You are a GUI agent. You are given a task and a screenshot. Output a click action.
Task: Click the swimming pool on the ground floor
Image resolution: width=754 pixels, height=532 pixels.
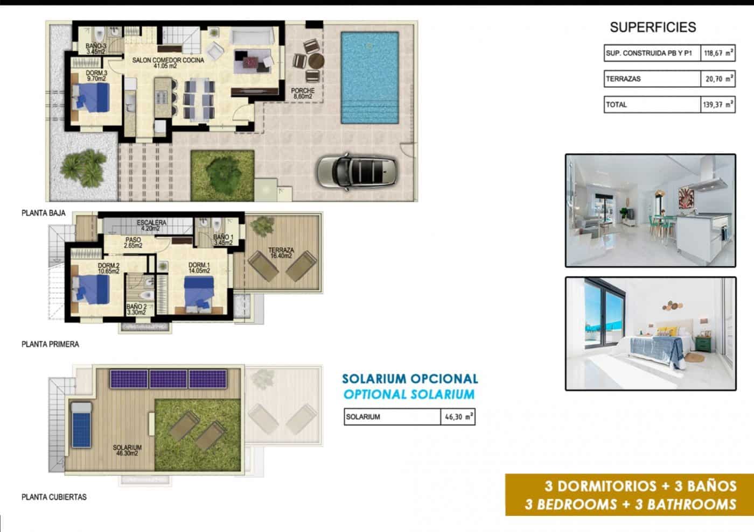coord(369,78)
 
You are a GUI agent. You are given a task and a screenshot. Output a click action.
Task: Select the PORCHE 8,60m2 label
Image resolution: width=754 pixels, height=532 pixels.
coord(303,94)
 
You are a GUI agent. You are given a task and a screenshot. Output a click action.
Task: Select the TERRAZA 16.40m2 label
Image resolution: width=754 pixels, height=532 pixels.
coord(281,253)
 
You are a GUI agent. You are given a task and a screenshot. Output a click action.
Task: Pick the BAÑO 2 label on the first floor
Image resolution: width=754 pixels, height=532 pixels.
coord(136,309)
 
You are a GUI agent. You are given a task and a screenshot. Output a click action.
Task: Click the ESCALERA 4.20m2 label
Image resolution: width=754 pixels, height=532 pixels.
coord(151,225)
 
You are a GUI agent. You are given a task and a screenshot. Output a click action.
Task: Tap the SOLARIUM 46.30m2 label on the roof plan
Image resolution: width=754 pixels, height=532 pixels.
coord(127,450)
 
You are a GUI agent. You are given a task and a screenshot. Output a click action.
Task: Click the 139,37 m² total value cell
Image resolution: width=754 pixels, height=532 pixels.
coord(718,105)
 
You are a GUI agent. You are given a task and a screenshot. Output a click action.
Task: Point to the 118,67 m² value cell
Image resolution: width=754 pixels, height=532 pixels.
coord(718,53)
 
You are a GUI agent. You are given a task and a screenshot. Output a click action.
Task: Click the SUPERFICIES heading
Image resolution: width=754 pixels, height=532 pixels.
coord(652,27)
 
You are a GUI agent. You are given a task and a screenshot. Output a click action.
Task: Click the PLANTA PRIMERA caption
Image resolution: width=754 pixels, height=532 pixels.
coord(50,344)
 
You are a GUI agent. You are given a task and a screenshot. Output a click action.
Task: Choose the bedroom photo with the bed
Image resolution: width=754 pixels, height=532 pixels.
coord(650,334)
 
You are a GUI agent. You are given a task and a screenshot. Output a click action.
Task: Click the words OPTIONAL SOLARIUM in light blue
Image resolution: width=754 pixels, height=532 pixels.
coord(409,394)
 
